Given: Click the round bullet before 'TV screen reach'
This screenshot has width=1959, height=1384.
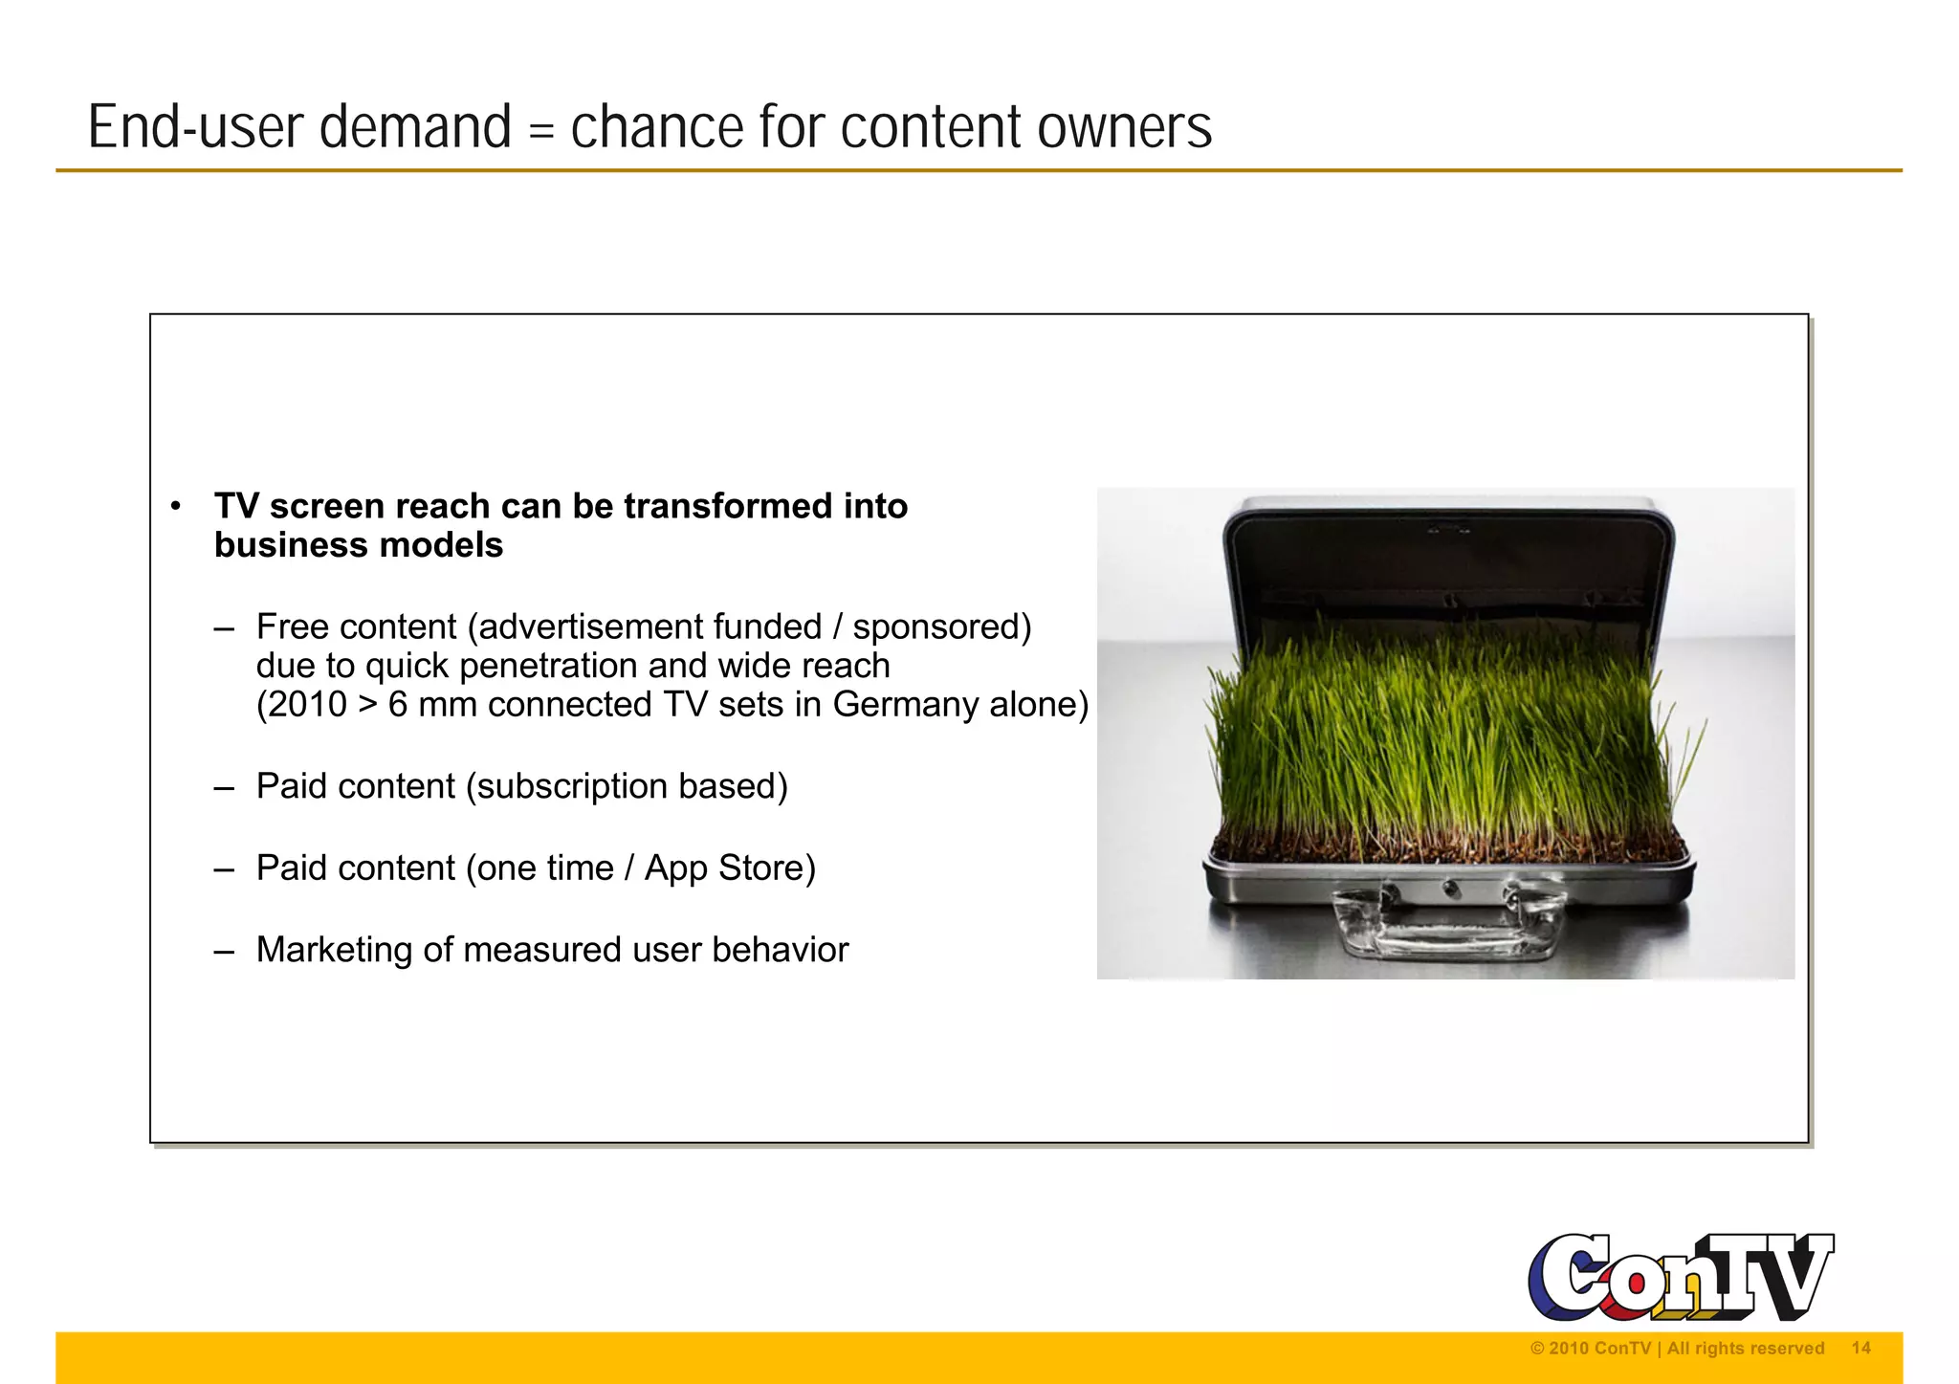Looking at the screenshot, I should point(175,507).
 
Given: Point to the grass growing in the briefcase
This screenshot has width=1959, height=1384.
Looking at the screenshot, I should point(1444,736).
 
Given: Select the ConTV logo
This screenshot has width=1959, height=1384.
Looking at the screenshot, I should point(1681,1277).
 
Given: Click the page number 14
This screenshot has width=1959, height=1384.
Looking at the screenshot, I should point(1860,1349).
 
